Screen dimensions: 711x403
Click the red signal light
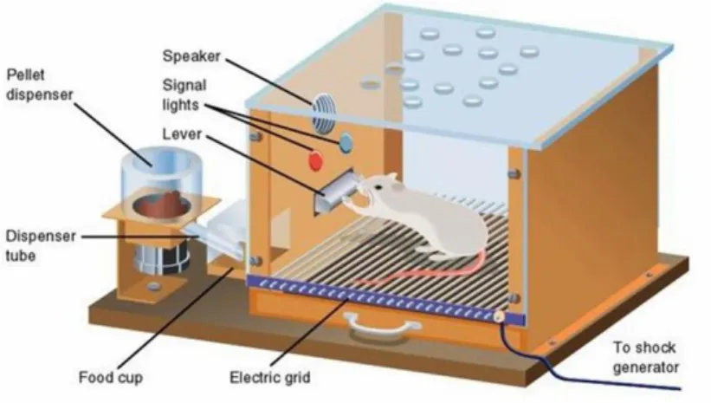pyautogui.click(x=315, y=160)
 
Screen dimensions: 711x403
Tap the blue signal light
pyautogui.click(x=346, y=142)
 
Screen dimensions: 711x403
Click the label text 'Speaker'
pyautogui.click(x=191, y=56)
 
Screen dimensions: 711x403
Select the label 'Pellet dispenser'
pyautogui.click(x=40, y=85)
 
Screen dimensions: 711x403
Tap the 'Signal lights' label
pyautogui.click(x=184, y=94)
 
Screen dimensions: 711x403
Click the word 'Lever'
pyautogui.click(x=181, y=133)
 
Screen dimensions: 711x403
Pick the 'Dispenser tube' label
pyautogui.click(x=40, y=245)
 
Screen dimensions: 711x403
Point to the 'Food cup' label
pyautogui.click(x=111, y=377)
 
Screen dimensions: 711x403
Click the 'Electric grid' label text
pyautogui.click(x=270, y=377)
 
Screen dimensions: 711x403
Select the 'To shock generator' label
pyautogui.click(x=646, y=357)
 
